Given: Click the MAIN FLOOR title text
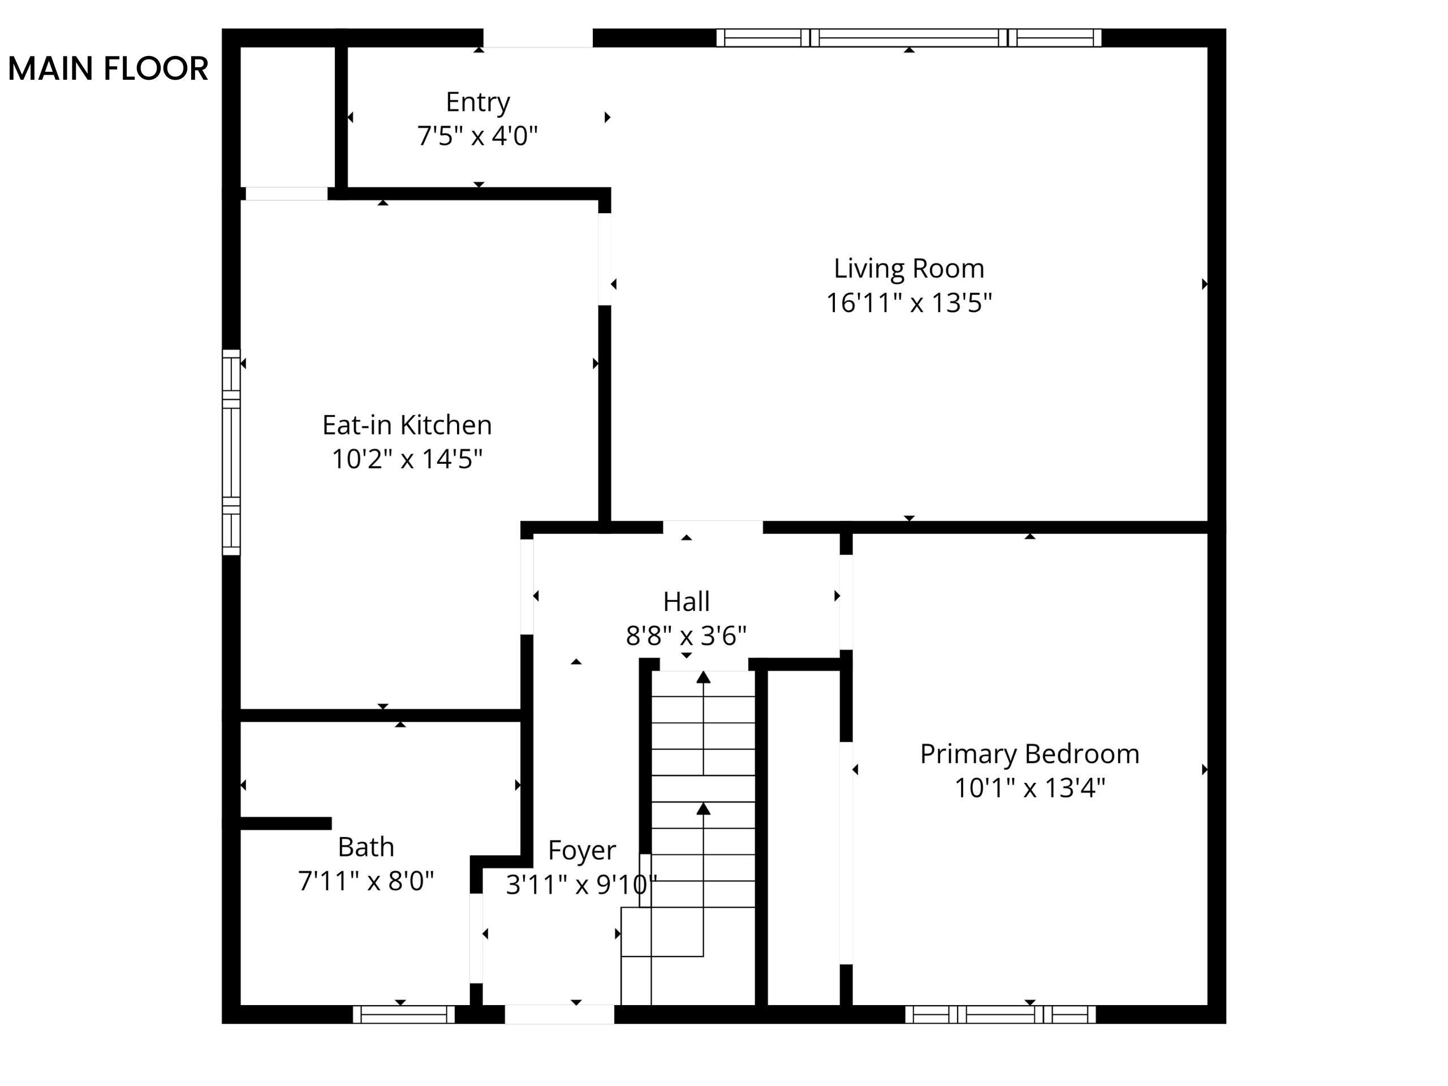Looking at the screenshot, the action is tap(108, 69).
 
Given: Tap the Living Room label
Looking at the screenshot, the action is tap(908, 269).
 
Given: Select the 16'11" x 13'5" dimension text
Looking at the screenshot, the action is tap(908, 303).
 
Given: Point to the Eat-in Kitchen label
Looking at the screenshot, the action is tap(407, 425).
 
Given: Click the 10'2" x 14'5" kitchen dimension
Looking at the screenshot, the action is tap(407, 459).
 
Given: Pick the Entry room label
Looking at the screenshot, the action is tap(478, 103).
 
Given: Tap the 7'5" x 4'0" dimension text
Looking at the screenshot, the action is tap(478, 136).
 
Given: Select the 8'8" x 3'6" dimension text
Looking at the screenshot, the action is tap(686, 636).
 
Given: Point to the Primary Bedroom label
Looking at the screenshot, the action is tap(1029, 754).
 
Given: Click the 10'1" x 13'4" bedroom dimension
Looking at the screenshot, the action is tap(1029, 788).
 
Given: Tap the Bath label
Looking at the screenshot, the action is tap(366, 848).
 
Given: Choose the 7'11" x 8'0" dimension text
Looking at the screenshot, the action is tap(366, 881).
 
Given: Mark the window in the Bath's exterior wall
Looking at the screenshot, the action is tap(404, 1015).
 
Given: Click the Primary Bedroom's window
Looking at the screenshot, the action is tap(1000, 1015).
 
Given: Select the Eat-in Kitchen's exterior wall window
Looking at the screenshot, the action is tap(231, 453).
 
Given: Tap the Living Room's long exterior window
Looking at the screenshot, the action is tap(908, 38).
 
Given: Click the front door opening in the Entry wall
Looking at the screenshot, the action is tap(538, 38).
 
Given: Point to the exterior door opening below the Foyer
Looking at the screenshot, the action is tap(560, 1015).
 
